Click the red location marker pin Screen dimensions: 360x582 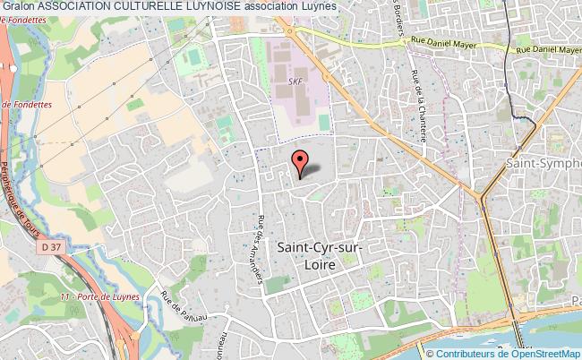(300, 162)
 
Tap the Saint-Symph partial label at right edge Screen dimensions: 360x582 (543, 164)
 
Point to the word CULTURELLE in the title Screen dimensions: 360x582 (138, 7)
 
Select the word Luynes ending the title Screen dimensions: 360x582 (319, 7)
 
